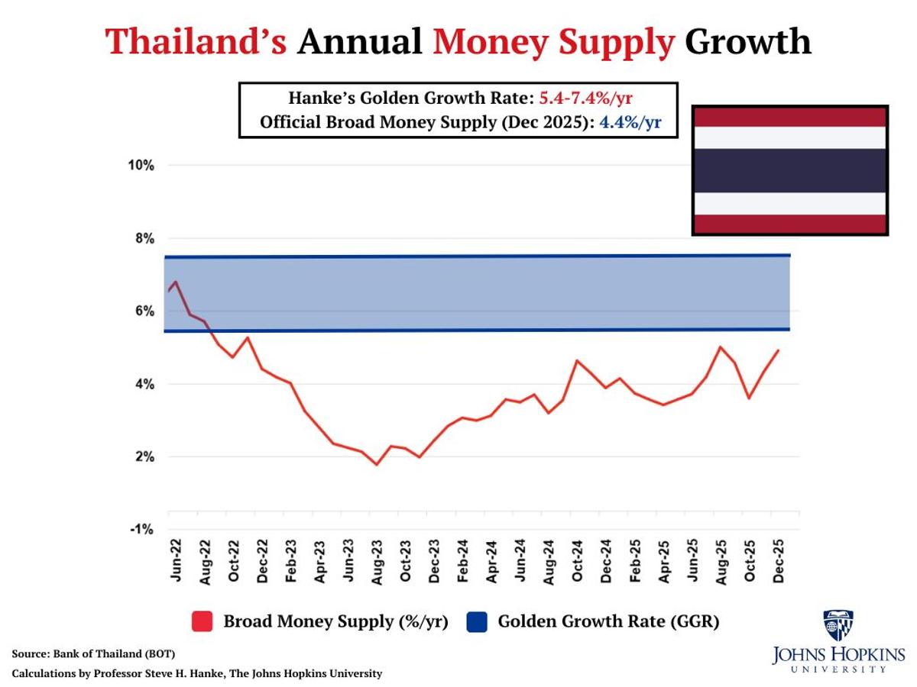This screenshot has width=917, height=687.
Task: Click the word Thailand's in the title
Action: [196, 41]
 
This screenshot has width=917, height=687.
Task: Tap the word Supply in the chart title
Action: [615, 41]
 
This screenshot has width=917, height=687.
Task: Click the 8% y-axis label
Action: [142, 239]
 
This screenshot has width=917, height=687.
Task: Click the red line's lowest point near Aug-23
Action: [377, 464]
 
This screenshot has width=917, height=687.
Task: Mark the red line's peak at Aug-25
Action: [720, 347]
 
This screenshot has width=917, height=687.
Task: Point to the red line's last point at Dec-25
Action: [778, 350]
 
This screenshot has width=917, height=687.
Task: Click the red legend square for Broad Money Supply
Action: [202, 621]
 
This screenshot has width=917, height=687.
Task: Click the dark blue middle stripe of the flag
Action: [790, 169]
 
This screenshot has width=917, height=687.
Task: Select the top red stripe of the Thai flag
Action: [790, 116]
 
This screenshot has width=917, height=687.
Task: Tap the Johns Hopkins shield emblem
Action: [838, 625]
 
